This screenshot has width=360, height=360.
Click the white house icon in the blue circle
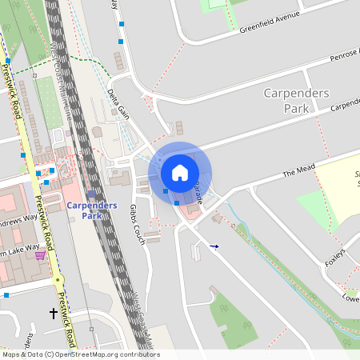(x=180, y=172)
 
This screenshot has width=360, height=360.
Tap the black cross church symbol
(x=54, y=313)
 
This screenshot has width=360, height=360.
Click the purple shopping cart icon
(x=40, y=255)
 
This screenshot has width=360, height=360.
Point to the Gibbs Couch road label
(x=137, y=223)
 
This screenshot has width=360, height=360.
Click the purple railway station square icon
(x=91, y=194)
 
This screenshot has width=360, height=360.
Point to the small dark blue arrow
(x=214, y=246)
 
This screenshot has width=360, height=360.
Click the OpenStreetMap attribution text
(x=80, y=354)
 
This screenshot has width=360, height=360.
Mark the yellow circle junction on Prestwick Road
(x=58, y=280)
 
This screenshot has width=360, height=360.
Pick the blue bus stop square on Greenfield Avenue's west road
(x=121, y=40)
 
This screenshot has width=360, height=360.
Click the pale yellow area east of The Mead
(x=336, y=184)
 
